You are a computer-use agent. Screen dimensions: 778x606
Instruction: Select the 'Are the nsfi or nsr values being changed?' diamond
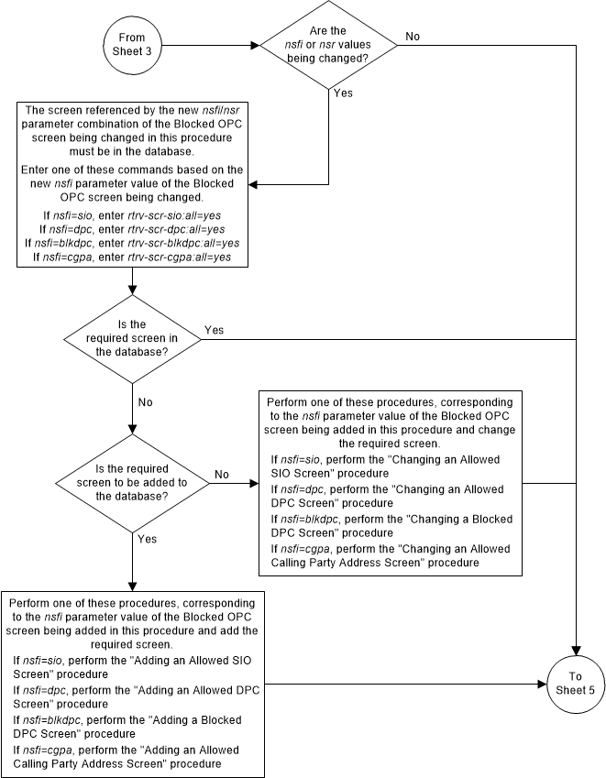click(328, 44)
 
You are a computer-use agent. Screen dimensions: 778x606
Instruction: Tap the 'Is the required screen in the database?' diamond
click(134, 337)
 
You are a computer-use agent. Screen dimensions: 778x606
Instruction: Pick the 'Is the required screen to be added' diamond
click(134, 482)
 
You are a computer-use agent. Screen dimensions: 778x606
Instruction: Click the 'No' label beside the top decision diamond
click(413, 37)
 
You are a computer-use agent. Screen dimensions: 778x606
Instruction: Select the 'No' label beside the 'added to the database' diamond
click(222, 475)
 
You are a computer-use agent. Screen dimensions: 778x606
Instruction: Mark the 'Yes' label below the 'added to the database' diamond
click(148, 539)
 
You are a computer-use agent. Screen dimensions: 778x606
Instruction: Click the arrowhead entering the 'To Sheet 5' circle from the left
click(543, 683)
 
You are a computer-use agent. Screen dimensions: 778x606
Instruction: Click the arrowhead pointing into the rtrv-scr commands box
click(254, 183)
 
